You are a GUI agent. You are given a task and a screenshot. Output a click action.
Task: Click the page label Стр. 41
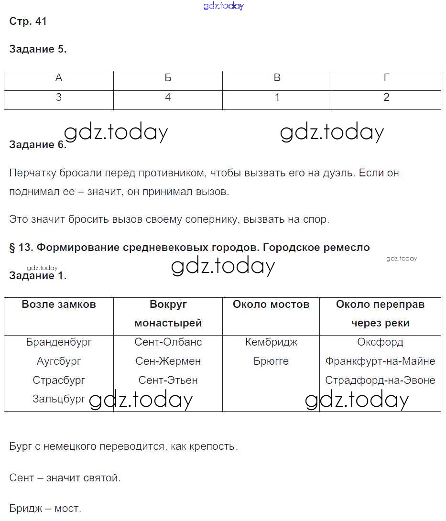[28, 22]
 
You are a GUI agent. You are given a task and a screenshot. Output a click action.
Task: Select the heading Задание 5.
[38, 49]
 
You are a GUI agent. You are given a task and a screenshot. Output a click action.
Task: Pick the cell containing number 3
[59, 98]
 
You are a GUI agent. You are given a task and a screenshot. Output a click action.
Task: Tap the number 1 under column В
[277, 98]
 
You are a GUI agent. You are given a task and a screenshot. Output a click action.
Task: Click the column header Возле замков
[59, 304]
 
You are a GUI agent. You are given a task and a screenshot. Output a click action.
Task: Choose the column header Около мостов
[271, 304]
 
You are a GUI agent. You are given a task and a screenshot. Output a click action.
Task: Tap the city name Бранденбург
[59, 342]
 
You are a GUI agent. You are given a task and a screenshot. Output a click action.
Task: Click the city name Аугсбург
[59, 361]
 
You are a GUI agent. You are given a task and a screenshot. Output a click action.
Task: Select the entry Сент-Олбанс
[168, 342]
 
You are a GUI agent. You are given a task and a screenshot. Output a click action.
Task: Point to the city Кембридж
[271, 342]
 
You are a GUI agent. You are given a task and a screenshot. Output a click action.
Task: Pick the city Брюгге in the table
[271, 361]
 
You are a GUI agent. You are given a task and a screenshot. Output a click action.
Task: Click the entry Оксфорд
[380, 342]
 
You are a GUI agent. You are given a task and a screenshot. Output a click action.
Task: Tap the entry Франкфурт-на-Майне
[380, 361]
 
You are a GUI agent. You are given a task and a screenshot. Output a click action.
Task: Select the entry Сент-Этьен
[168, 380]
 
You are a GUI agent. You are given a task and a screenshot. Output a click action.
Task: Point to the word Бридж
[26, 509]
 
